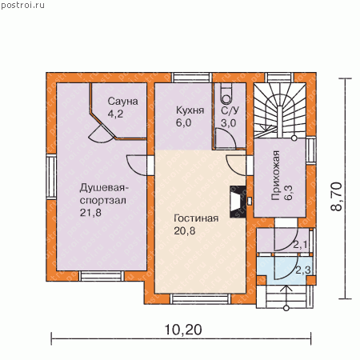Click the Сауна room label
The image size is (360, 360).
tap(122, 102)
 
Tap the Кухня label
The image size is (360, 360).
tap(190, 110)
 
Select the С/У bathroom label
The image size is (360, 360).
tap(230, 110)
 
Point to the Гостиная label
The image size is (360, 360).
tap(196, 218)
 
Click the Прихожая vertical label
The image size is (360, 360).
tap(276, 175)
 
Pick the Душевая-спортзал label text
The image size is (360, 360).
tap(104, 194)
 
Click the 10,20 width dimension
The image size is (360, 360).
tap(183, 330)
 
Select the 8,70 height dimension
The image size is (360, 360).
tap(336, 197)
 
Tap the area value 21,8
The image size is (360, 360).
tap(90, 213)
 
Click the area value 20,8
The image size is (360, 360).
tap(185, 230)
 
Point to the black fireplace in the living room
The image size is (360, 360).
tap(238, 202)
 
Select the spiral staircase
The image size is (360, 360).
tap(280, 110)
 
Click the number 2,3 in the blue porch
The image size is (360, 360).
tap(303, 270)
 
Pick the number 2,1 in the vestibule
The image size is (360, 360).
tap(300, 245)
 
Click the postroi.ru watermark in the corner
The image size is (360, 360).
tap(22, 6)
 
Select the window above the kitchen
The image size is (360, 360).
tap(192, 78)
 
